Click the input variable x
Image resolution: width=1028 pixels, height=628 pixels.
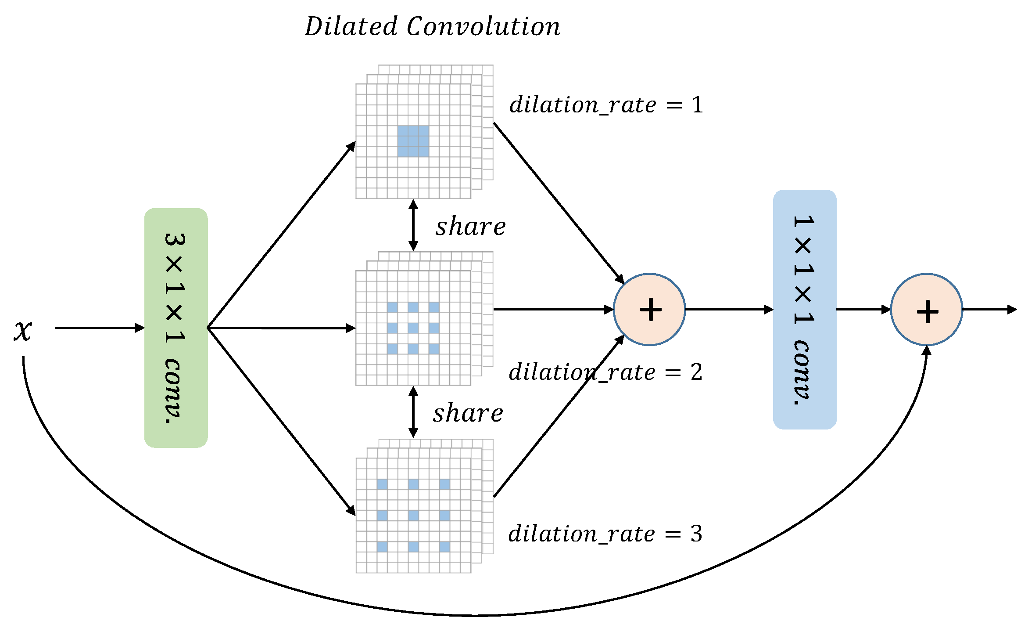[x=23, y=330]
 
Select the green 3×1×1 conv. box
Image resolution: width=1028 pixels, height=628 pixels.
[x=176, y=328]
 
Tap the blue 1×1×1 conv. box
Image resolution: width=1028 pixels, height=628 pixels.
[x=804, y=309]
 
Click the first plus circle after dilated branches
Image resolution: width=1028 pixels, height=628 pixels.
[x=649, y=310]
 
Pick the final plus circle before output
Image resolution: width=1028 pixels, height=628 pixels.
[x=927, y=310]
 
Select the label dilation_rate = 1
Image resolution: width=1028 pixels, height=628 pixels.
[x=605, y=105]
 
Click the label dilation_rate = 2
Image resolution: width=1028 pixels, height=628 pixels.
[x=605, y=372]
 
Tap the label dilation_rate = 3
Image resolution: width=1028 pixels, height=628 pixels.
[x=605, y=534]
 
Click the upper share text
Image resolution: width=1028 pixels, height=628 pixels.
[x=470, y=227]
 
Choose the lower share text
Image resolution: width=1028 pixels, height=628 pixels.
[x=468, y=413]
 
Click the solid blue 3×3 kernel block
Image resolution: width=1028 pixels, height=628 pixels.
[x=413, y=141]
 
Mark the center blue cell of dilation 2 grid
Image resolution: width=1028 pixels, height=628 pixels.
[x=413, y=328]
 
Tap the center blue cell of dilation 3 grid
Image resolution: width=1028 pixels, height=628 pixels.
[x=413, y=515]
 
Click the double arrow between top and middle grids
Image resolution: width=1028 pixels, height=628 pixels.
[x=413, y=225]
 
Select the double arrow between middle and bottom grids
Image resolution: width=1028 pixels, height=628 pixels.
[x=413, y=412]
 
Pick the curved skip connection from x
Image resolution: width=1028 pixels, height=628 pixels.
[x=474, y=615]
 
